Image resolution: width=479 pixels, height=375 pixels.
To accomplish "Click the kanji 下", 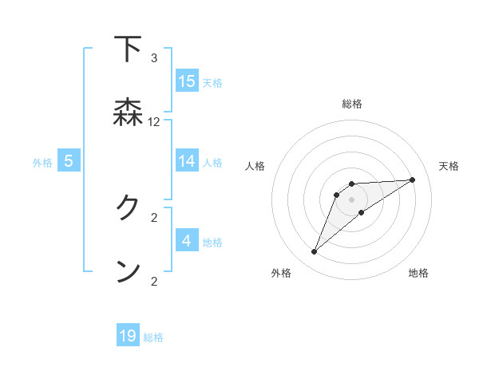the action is click(x=128, y=49).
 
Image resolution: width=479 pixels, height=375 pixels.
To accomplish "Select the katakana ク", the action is click(x=128, y=208).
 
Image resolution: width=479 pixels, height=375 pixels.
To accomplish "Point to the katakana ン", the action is click(x=128, y=271).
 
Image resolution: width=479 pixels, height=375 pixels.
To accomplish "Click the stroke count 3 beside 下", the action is click(x=154, y=58).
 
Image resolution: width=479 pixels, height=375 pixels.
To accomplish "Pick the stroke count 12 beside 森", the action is click(x=154, y=122).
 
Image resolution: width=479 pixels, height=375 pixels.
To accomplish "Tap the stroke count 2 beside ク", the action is click(x=154, y=217).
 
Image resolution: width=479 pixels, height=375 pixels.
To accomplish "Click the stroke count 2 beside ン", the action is click(x=154, y=281).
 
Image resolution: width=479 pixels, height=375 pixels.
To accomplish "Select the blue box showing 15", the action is click(x=187, y=81).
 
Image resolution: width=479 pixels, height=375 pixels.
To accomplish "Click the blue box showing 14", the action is click(x=187, y=161).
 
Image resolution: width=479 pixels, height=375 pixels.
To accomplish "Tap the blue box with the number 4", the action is click(x=187, y=240).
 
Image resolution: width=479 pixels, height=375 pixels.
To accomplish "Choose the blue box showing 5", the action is click(x=69, y=161).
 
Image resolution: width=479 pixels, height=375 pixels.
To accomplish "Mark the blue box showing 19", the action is click(x=128, y=336).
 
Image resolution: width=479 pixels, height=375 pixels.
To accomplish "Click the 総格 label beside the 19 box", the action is click(x=153, y=337).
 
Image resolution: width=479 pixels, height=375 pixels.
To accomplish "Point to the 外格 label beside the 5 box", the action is click(x=42, y=163).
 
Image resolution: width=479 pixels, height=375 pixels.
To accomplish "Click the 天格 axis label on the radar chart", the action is click(x=449, y=166).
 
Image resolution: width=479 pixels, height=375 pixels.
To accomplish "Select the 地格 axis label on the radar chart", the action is click(x=418, y=273).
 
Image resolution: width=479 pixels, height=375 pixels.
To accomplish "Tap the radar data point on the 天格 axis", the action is click(x=413, y=180).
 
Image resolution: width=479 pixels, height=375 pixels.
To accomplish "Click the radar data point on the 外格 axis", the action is click(x=314, y=252).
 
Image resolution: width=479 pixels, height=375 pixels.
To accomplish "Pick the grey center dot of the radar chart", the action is click(x=351, y=199).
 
